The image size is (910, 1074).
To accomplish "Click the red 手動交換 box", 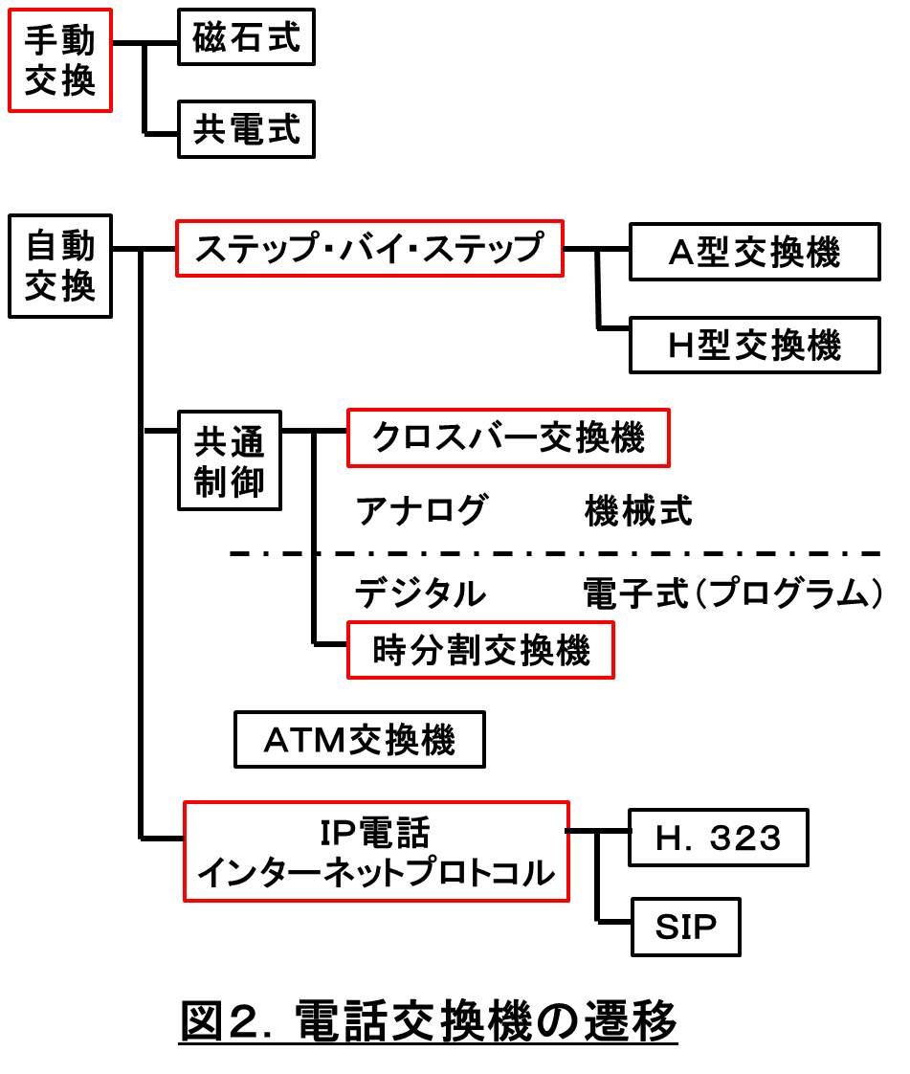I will pyautogui.click(x=60, y=60).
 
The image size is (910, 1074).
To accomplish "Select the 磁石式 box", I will pyautogui.click(x=247, y=39).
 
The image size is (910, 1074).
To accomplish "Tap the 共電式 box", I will pyautogui.click(x=247, y=130).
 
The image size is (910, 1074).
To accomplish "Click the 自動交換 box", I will pyautogui.click(x=60, y=265).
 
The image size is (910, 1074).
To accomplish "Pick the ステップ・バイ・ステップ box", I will pyautogui.click(x=369, y=249).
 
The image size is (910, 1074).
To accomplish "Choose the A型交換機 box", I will pyautogui.click(x=754, y=253).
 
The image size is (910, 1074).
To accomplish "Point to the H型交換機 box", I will pyautogui.click(x=754, y=346).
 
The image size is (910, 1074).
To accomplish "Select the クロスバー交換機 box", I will pyautogui.click(x=507, y=438).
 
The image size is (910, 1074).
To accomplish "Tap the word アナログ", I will pyautogui.click(x=421, y=511).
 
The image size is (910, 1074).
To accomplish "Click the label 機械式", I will pyautogui.click(x=637, y=511).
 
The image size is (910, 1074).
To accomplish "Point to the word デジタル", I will pyautogui.click(x=421, y=594).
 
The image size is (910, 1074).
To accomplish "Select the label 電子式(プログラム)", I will pyautogui.click(x=732, y=594).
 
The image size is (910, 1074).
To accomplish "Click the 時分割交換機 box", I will pyautogui.click(x=480, y=651).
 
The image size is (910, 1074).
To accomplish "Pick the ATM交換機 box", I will pyautogui.click(x=360, y=740).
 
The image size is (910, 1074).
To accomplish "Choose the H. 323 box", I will pyautogui.click(x=719, y=839).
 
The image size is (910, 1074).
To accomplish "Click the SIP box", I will pyautogui.click(x=686, y=927).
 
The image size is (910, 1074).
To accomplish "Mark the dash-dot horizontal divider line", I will pyautogui.click(x=555, y=553).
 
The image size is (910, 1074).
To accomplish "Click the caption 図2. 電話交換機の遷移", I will pyautogui.click(x=429, y=1022).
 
